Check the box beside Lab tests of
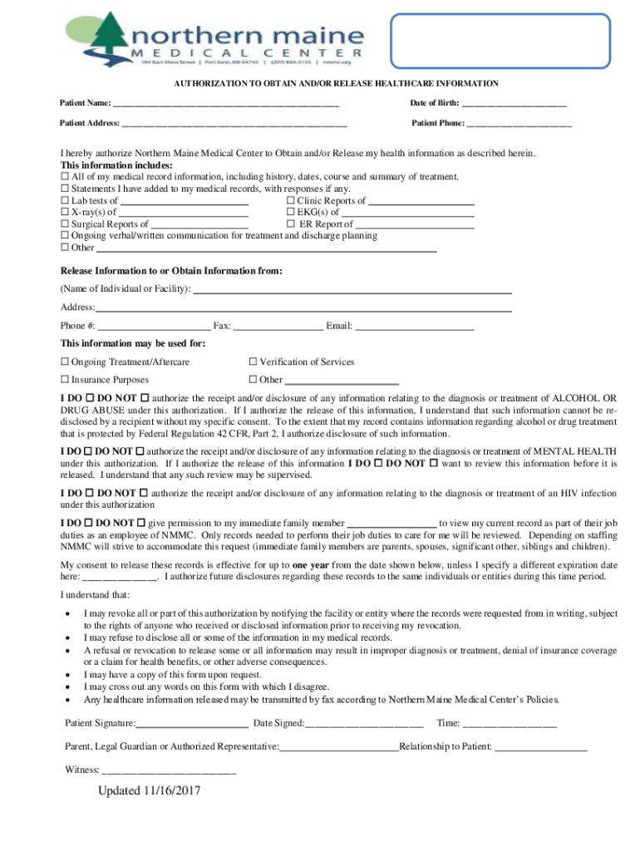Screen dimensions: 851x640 65,200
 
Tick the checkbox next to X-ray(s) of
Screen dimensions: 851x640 65,212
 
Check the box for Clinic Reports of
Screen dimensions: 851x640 291,200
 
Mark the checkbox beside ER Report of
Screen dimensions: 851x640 291,224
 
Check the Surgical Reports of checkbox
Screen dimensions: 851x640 65,224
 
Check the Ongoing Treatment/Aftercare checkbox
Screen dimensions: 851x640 65,362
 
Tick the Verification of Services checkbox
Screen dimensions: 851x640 254,362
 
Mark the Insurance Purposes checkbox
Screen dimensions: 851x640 65,380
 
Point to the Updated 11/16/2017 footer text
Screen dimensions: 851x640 149,791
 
